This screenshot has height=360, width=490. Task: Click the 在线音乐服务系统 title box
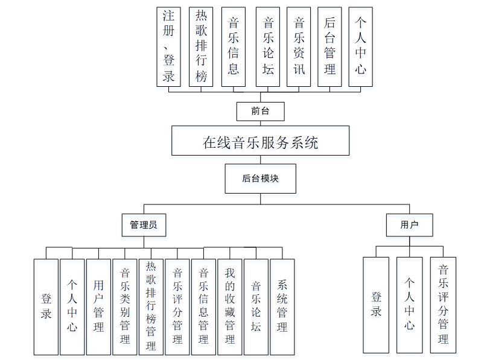pos(260,142)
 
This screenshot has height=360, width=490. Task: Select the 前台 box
pos(260,111)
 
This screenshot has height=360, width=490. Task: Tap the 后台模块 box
pos(260,178)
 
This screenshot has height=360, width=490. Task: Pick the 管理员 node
pos(144,226)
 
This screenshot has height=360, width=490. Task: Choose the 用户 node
pos(409,226)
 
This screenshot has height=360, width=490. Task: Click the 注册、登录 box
pos(168,47)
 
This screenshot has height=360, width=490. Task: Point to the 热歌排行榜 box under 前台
pos(202,47)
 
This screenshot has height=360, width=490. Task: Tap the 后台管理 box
pos(329,47)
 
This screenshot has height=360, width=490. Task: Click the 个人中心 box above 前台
pos(360,47)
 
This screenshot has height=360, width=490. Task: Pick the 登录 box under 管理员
pos(46,306)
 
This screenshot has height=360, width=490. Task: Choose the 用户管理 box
pos(98,306)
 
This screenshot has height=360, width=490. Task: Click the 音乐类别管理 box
pos(125,306)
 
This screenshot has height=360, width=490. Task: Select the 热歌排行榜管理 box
pos(151,306)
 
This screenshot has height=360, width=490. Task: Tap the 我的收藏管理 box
pos(230,306)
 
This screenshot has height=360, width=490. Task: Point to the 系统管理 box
pos(282,306)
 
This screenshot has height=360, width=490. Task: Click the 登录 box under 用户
pos(376,305)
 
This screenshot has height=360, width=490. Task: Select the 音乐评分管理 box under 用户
pos(443,305)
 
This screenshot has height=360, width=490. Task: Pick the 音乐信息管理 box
pos(203,306)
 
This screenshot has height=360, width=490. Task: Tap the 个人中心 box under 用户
pos(409,305)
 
